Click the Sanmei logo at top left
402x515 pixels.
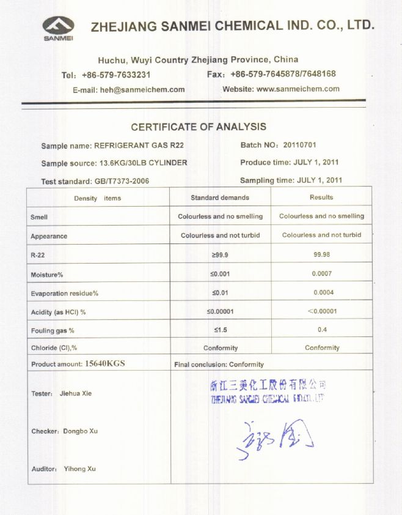point(58,28)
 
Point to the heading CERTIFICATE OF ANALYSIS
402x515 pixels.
point(199,127)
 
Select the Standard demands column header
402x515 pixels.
point(220,198)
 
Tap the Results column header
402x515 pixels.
point(321,198)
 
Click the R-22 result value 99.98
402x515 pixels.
point(321,254)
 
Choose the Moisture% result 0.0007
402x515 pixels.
point(321,273)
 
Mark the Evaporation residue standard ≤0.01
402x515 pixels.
point(220,293)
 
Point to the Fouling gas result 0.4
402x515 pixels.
point(321,330)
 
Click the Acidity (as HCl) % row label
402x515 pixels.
point(58,312)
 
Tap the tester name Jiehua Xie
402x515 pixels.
point(75,393)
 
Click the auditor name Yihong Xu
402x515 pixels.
point(79,469)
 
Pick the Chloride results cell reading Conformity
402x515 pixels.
point(321,348)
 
